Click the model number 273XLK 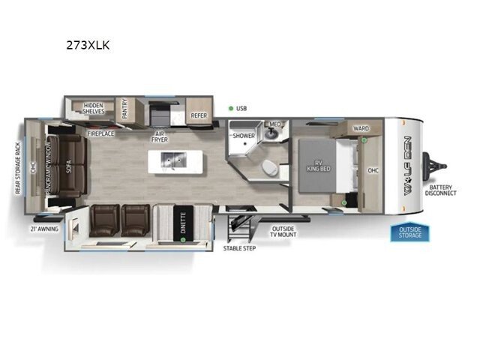[x=88, y=45]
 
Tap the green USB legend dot [x=231, y=108]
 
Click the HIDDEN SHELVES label [x=93, y=108]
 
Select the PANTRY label [x=124, y=109]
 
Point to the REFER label [x=199, y=115]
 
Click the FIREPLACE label [x=100, y=133]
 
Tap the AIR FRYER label [x=160, y=136]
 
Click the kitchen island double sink [x=174, y=160]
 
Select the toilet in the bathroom [x=270, y=167]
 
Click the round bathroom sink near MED [x=271, y=133]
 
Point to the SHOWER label [x=244, y=136]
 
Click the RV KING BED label [x=318, y=166]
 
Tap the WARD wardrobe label [x=361, y=128]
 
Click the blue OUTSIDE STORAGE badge [x=410, y=232]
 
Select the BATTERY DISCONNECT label [x=440, y=190]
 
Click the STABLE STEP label [x=239, y=248]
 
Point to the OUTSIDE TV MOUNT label [x=283, y=232]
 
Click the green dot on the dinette [x=183, y=240]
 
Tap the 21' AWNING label [x=44, y=229]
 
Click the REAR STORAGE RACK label [x=18, y=168]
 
